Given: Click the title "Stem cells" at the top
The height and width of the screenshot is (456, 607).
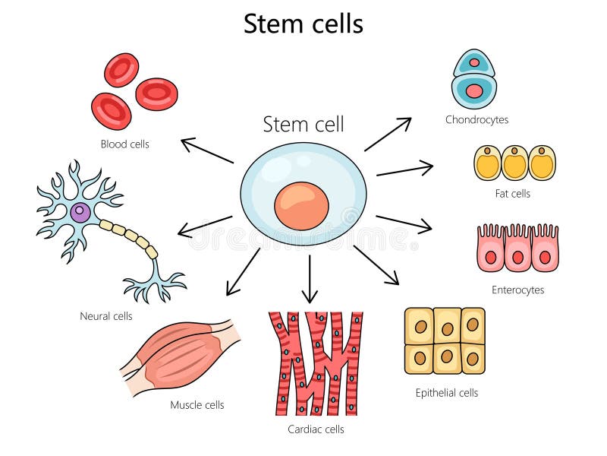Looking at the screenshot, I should pos(303,24).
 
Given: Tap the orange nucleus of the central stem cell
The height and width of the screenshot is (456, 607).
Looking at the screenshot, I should pos(301,206).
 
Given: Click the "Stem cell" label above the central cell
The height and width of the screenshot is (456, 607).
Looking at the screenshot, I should pos(303,124).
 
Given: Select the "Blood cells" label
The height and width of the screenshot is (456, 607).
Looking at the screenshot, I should pos(125,144).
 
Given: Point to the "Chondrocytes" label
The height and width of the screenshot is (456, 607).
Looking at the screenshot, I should pos(476,119).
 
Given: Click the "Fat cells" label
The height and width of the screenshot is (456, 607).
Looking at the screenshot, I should pos(512,193).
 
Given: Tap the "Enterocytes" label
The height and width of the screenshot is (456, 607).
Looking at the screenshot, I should pos(517,290).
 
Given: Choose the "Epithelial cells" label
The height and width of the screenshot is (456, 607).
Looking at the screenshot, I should pos(447,393).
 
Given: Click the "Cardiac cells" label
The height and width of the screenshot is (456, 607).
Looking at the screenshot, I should pos(316,429).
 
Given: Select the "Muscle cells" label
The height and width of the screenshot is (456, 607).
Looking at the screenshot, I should pos(197,405).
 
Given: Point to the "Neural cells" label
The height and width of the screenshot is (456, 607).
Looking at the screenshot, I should pos(106,315).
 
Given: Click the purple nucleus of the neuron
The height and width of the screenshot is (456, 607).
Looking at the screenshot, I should pos(80,213).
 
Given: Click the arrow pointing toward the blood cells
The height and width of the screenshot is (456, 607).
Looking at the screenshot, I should pos(207,150).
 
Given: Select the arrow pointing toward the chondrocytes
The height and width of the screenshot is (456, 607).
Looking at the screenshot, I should pos(388,134).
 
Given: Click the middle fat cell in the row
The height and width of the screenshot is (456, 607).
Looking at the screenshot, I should pos(514,163).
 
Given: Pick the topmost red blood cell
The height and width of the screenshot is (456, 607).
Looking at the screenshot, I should pos(121,70).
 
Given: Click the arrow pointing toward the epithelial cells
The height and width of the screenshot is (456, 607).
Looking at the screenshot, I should pos(376,265).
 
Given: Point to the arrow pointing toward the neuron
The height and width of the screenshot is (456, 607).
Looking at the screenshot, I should pos(205,226).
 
